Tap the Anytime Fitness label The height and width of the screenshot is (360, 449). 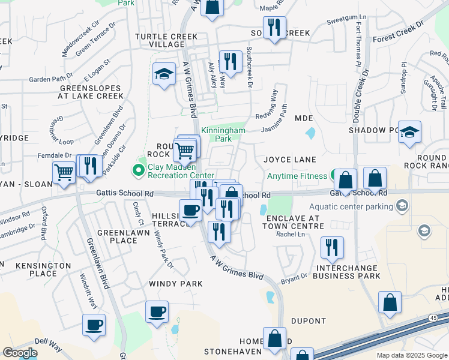coord(297,176)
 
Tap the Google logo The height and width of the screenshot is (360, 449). coord(20,353)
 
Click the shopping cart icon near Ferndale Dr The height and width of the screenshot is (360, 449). coord(64,172)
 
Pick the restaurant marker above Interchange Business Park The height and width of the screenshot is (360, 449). coord(332,246)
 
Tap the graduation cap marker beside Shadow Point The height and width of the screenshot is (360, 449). coord(409,132)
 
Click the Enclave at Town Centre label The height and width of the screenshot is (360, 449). coord(295,220)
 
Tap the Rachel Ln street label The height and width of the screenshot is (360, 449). coord(287,234)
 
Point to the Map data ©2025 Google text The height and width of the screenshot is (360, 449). coord(411,355)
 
